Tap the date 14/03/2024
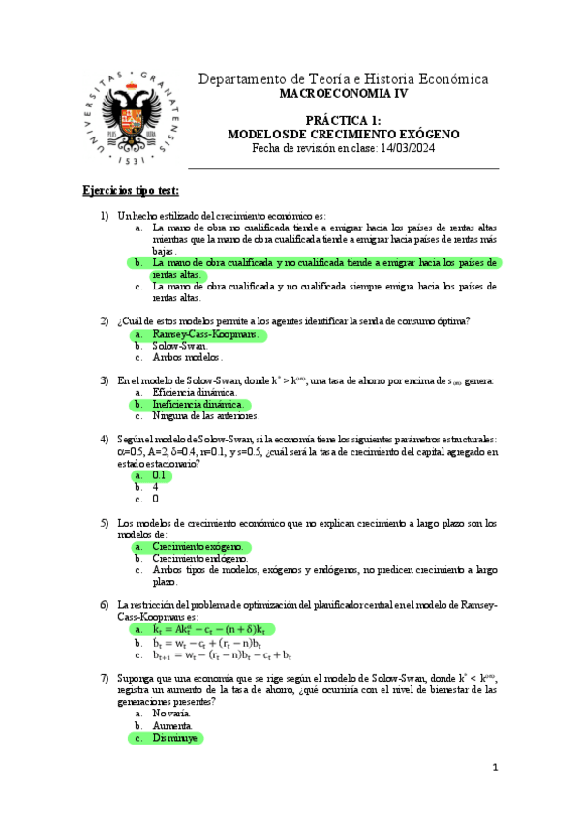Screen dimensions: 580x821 [x=398, y=147]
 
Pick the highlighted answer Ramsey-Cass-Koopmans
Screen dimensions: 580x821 [x=204, y=334]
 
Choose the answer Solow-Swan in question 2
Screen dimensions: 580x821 [x=181, y=346]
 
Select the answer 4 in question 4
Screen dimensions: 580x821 [x=156, y=487]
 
